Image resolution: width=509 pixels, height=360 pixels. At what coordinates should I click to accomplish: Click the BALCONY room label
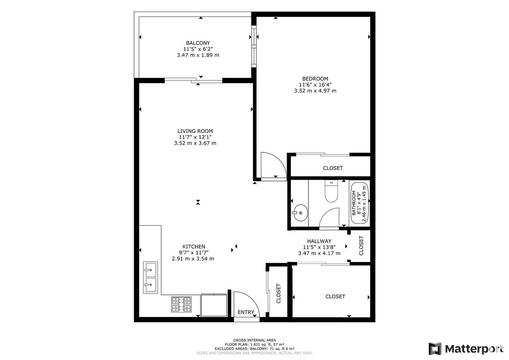(198, 43)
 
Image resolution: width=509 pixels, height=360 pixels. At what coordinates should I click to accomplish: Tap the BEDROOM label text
(315, 79)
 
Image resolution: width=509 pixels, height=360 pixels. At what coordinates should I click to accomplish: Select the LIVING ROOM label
(195, 131)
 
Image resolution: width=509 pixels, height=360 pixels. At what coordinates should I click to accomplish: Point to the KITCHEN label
(193, 247)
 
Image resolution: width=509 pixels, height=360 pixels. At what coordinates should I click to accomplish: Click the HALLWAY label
(319, 241)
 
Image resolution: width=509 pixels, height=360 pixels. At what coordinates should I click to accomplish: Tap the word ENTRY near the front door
(246, 312)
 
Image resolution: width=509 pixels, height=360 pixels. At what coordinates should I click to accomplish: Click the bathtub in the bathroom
(359, 203)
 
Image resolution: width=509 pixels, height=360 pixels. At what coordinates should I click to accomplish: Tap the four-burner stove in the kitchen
(182, 304)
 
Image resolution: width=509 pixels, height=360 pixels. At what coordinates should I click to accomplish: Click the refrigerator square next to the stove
(214, 305)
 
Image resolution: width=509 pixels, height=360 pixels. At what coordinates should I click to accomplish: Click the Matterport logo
(466, 349)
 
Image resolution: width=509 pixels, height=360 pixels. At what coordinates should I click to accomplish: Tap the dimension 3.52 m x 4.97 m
(315, 91)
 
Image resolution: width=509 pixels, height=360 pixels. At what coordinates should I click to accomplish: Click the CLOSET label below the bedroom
(333, 168)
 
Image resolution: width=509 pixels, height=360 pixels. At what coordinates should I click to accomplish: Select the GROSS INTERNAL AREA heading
(254, 340)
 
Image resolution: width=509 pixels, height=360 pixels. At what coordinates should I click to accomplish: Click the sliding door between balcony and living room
(193, 80)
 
